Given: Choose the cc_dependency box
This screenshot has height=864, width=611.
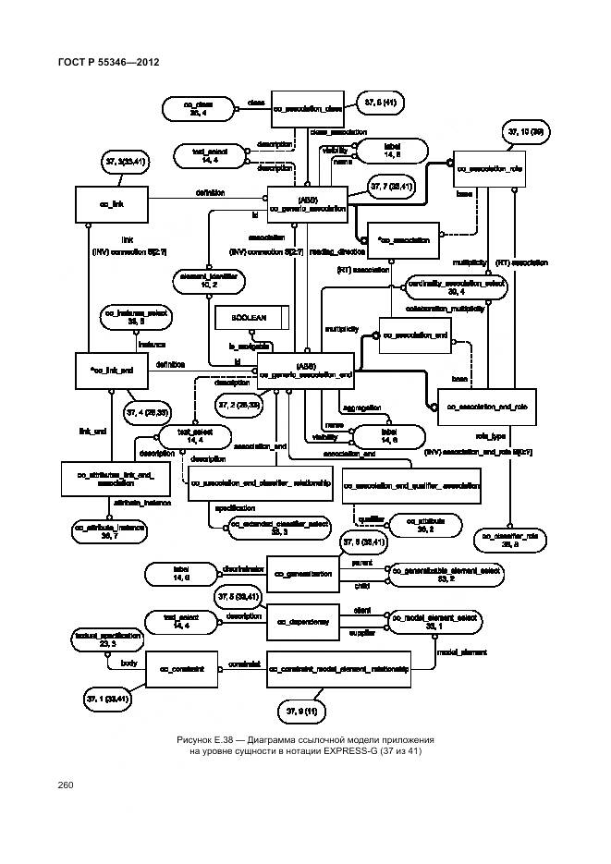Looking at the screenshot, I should (303, 621).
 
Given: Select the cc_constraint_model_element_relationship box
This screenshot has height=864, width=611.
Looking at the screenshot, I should (338, 666).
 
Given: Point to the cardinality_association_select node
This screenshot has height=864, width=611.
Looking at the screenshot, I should (456, 287).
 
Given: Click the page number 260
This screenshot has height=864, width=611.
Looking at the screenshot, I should (65, 785).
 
